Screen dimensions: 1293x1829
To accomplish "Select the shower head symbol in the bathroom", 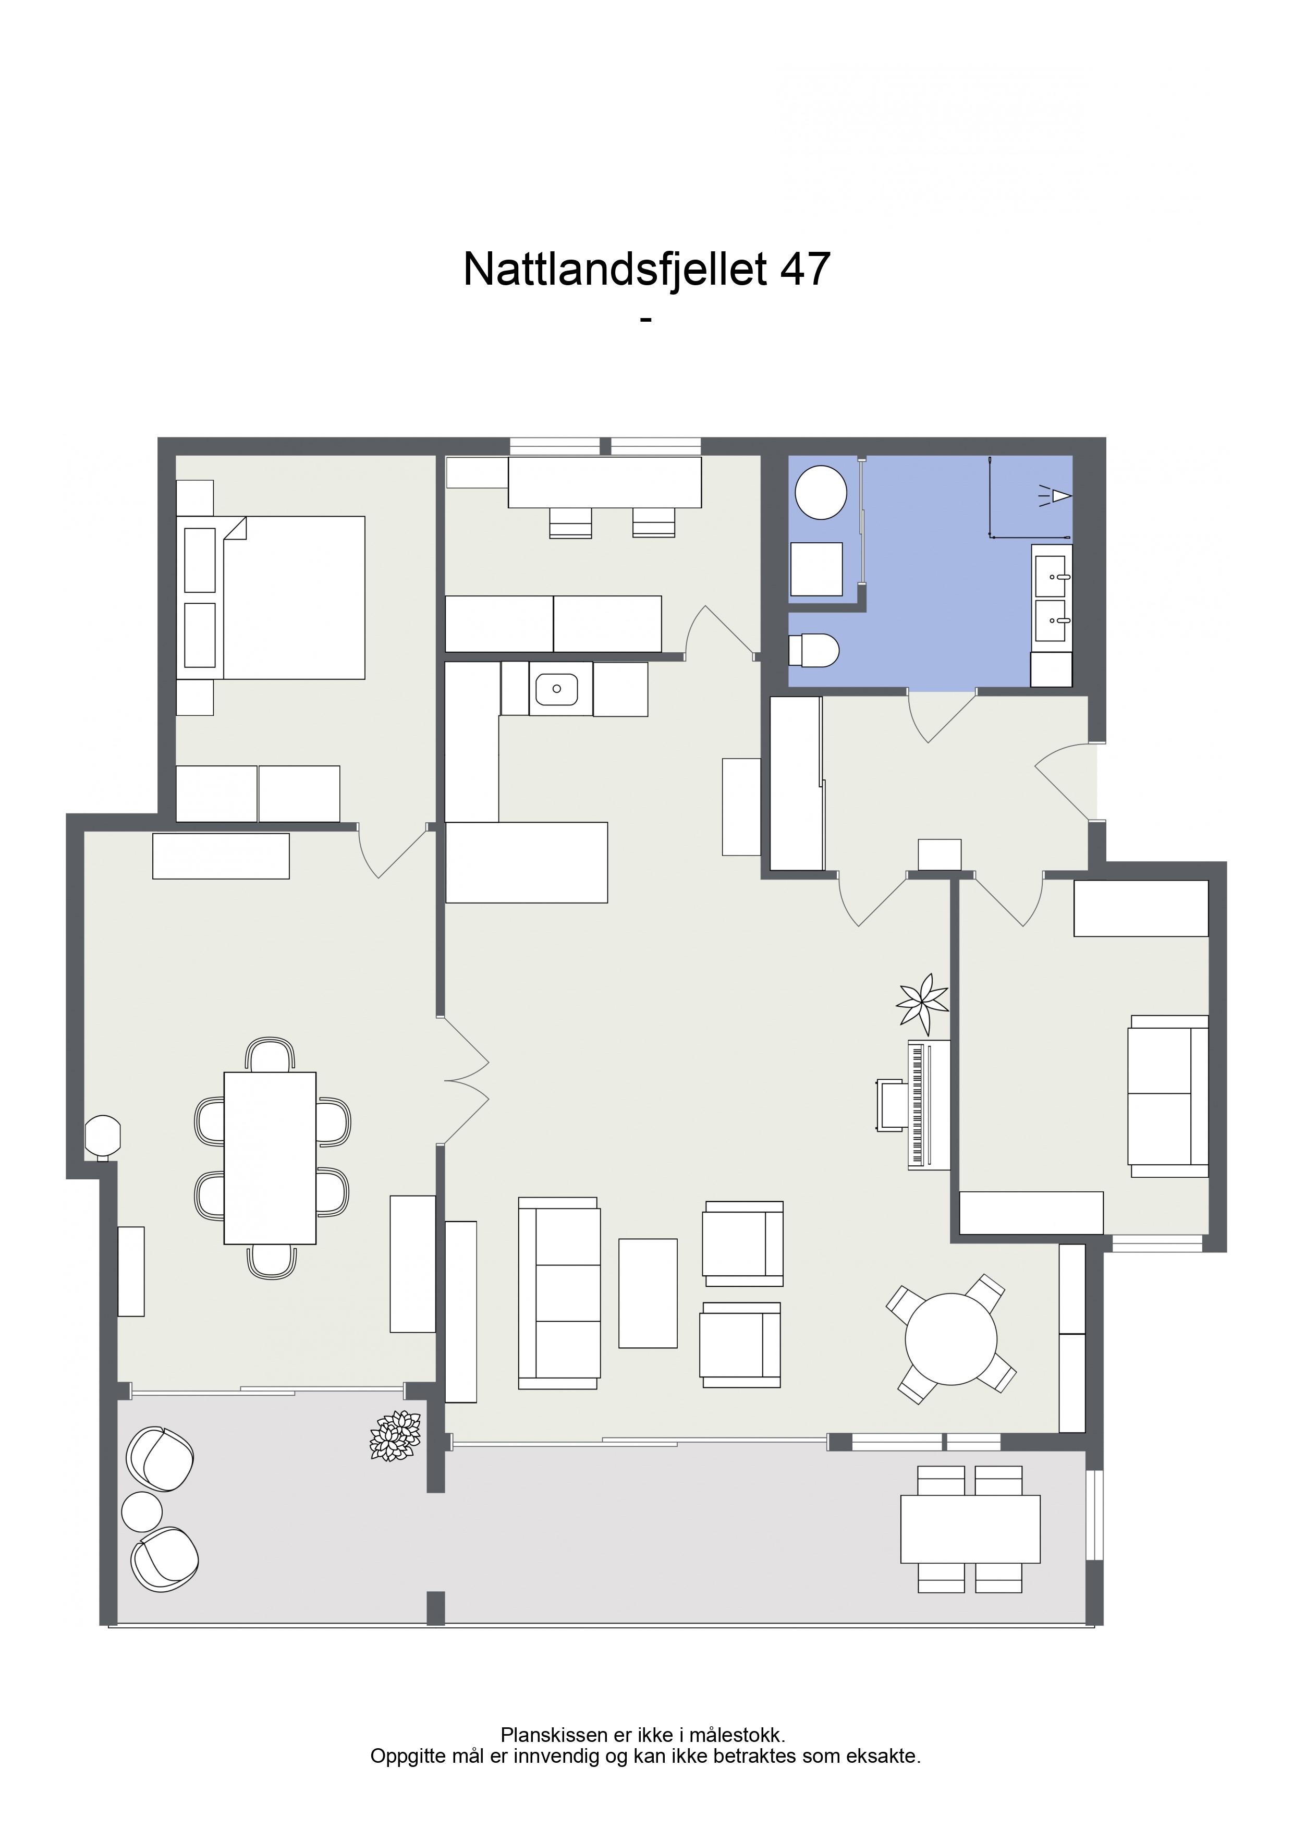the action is click(1056, 495).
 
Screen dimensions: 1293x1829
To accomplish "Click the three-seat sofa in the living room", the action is click(558, 1293).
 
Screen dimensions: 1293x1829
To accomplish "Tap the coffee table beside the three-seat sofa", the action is click(648, 1293).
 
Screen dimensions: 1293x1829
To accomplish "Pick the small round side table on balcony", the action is click(142, 1511).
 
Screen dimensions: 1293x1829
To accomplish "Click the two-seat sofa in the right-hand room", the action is click(1168, 1096).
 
